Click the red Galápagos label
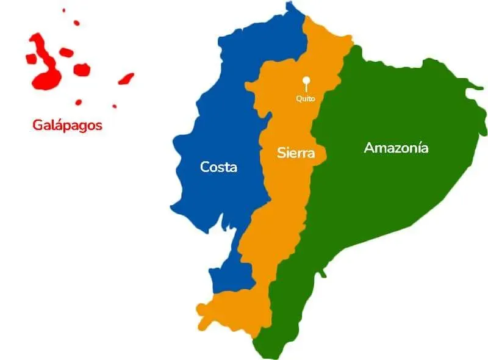pos(67,126)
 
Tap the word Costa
pos(218,167)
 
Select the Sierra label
pos(296,153)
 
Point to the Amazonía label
pos(396,148)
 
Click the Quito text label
pos(306,98)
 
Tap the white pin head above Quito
pos(306,80)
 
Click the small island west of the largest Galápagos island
pos(30,59)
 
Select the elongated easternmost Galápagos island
pos(126,79)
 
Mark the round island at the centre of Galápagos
pos(81,70)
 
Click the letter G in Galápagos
pos(37,126)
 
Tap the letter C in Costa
pos(206,167)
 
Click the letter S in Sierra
pos(281,153)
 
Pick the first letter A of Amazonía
pos(368,148)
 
